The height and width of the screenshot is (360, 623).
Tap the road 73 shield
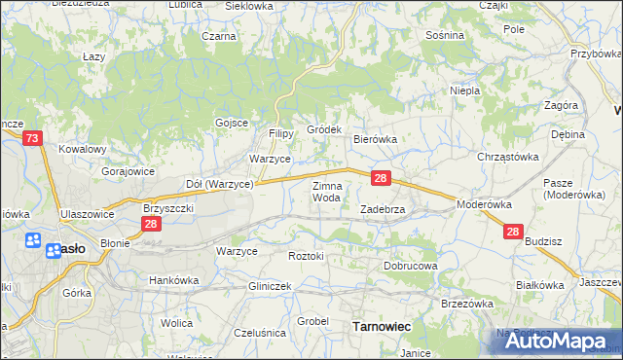coord(33,139)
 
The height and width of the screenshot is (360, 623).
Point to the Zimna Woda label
coord(326,191)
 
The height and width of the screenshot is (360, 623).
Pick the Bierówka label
coord(375,139)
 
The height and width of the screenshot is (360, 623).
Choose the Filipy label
coord(281,133)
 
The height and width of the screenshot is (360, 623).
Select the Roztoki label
coord(311,255)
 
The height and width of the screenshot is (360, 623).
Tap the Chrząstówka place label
coord(507,157)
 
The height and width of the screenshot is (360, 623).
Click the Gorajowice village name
coord(128,170)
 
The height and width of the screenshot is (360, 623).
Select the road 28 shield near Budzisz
coord(514,232)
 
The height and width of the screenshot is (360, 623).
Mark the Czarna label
coord(219,36)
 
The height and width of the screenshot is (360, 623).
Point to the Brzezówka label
coord(468,303)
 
